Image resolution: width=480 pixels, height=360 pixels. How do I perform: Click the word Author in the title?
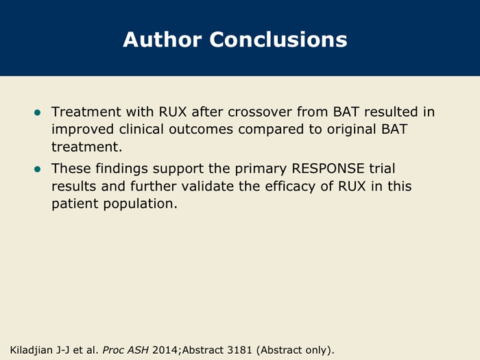[163, 40]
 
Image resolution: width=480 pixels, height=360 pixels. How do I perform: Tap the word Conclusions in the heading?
[278, 40]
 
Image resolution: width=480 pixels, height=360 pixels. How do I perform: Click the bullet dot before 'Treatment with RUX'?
[37, 112]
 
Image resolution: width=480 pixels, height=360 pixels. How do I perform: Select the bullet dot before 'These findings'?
[37, 169]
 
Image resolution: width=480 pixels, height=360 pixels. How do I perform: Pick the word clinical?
[141, 129]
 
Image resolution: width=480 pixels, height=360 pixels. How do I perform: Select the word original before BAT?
[351, 130]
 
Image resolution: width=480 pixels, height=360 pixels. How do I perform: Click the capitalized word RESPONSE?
[328, 169]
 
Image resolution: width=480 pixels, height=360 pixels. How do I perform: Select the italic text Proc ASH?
[125, 350]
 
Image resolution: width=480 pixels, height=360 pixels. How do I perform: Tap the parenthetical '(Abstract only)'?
[295, 350]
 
